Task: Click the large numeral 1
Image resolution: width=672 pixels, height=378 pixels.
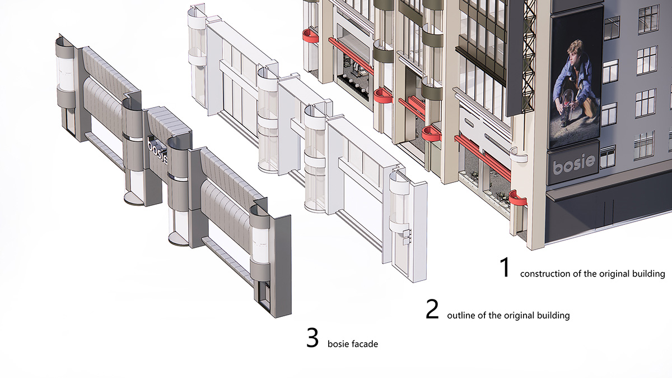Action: point(505,268)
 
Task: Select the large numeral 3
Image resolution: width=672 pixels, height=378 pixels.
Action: point(312,338)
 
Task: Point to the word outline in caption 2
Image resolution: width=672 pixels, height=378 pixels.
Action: point(458,316)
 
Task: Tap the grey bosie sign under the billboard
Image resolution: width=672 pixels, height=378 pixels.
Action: point(573,163)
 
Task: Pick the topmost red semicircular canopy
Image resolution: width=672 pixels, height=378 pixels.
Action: point(311,36)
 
